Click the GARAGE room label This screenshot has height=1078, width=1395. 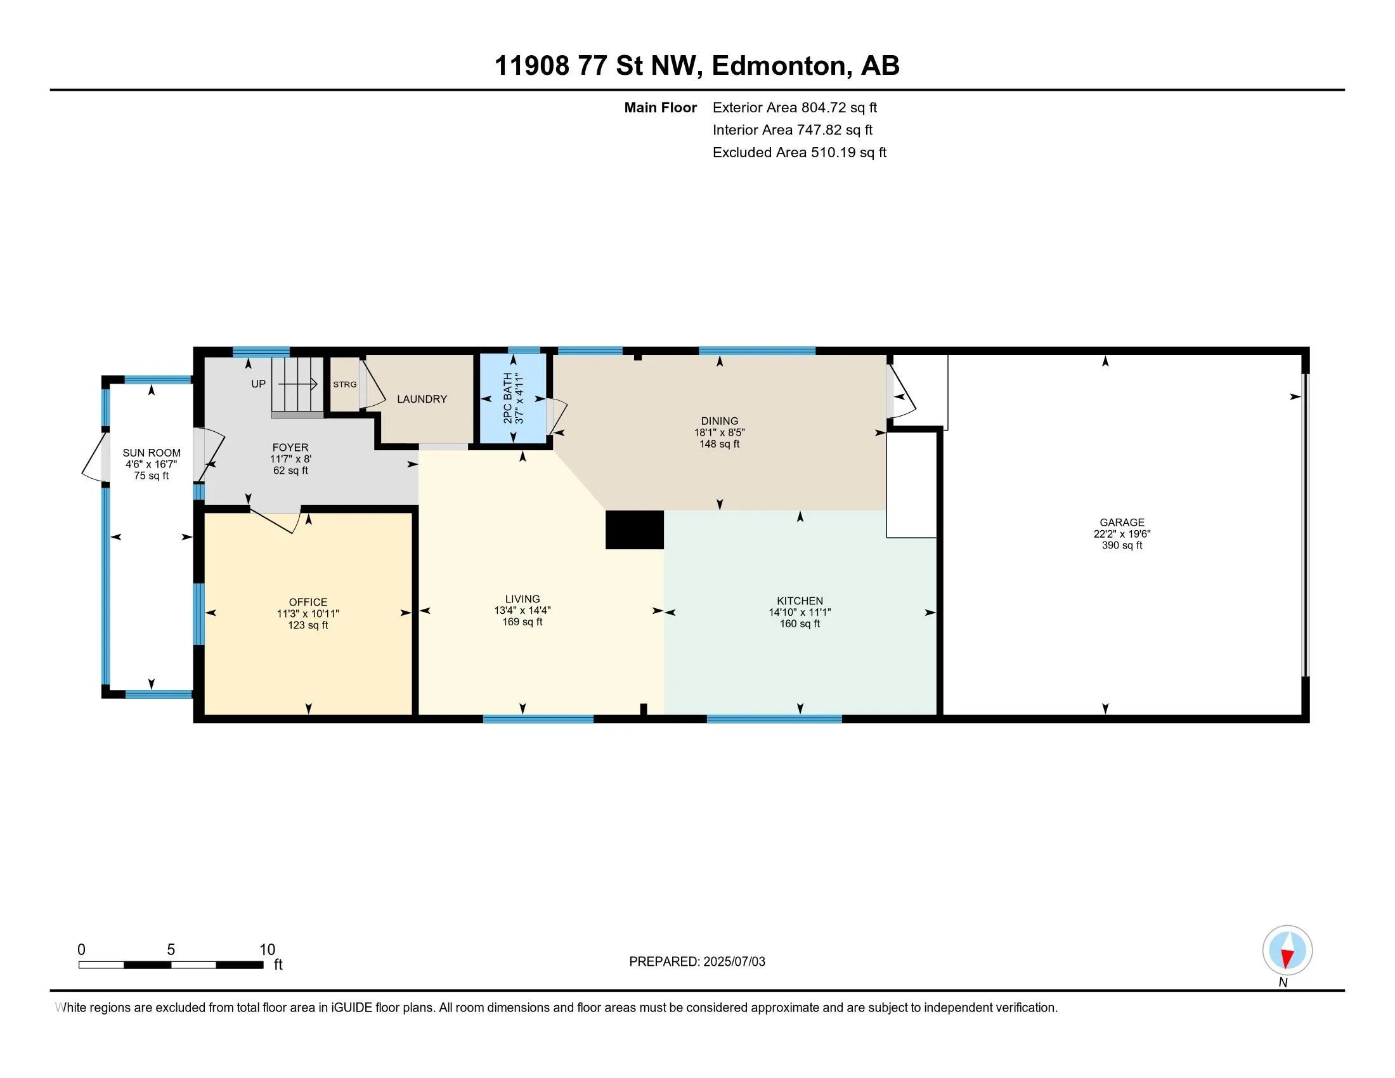(1122, 523)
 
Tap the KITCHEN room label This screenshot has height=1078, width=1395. (800, 601)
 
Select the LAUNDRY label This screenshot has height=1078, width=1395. (422, 399)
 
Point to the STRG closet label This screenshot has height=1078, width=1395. (345, 384)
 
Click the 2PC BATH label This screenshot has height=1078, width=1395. (508, 398)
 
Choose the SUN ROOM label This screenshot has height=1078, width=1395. (152, 453)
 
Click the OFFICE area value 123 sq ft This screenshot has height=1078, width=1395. (308, 625)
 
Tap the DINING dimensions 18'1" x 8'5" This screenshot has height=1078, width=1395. (719, 432)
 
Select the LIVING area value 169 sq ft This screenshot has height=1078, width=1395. (522, 622)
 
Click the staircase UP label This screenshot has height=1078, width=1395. (258, 384)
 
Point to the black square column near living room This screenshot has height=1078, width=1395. (634, 529)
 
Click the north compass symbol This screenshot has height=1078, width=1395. (1287, 950)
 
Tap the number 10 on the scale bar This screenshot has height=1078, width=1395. (267, 950)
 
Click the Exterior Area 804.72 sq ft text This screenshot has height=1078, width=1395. (795, 107)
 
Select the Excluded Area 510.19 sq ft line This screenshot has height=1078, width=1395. (800, 152)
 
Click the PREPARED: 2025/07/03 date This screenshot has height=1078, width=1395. (697, 962)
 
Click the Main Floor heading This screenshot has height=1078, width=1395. (661, 107)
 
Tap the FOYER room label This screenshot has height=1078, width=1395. (290, 448)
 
